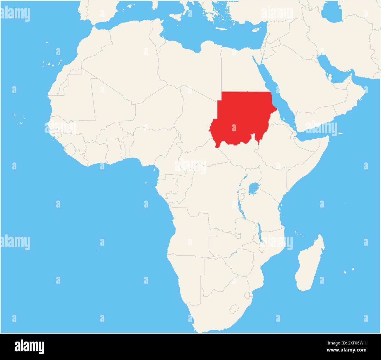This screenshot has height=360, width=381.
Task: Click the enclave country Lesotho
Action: point(234,309)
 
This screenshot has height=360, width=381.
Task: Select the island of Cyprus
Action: point(256,30)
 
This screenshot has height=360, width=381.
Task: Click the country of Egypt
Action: point(240,70)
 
